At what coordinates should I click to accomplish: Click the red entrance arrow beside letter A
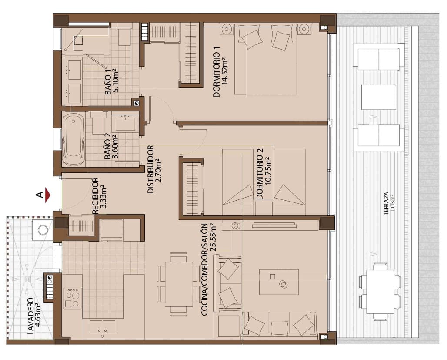click(48, 195)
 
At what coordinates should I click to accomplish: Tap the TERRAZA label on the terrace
click(386, 202)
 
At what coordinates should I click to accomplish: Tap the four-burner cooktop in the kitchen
click(73, 298)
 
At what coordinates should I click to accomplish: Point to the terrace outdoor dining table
click(380, 291)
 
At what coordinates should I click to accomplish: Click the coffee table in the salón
click(279, 282)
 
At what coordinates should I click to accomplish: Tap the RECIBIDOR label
click(95, 195)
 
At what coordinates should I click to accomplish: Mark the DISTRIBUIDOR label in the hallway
click(150, 170)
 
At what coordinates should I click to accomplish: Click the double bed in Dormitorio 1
click(265, 59)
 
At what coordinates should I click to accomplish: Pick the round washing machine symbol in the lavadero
click(43, 229)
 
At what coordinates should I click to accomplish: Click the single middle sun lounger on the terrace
click(379, 97)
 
